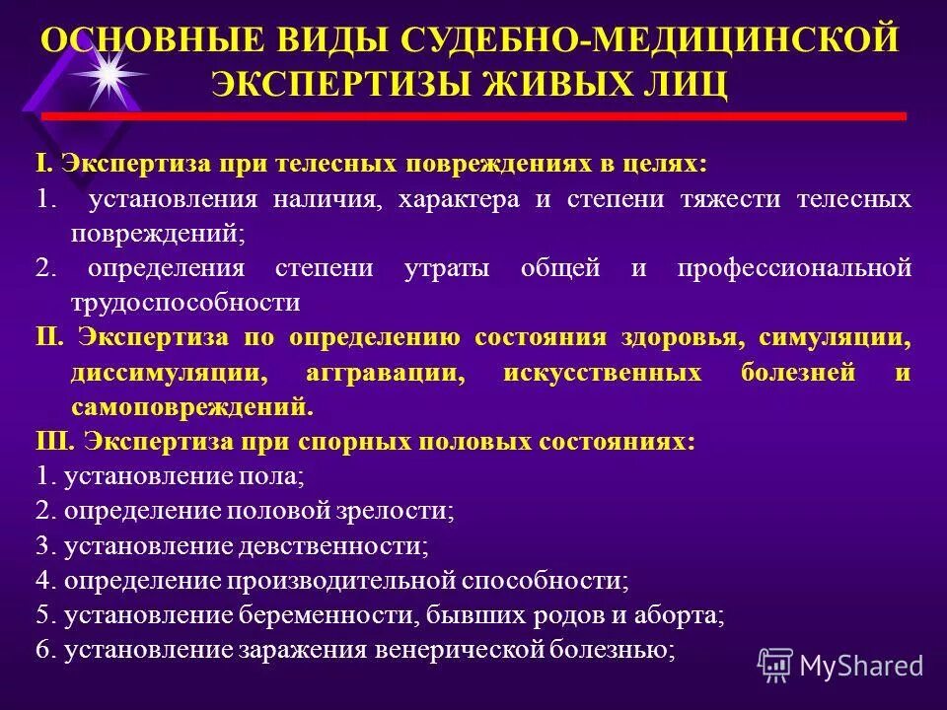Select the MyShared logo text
click(x=861, y=665)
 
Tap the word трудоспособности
click(x=184, y=302)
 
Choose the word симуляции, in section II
click(x=835, y=336)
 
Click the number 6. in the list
click(x=44, y=650)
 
